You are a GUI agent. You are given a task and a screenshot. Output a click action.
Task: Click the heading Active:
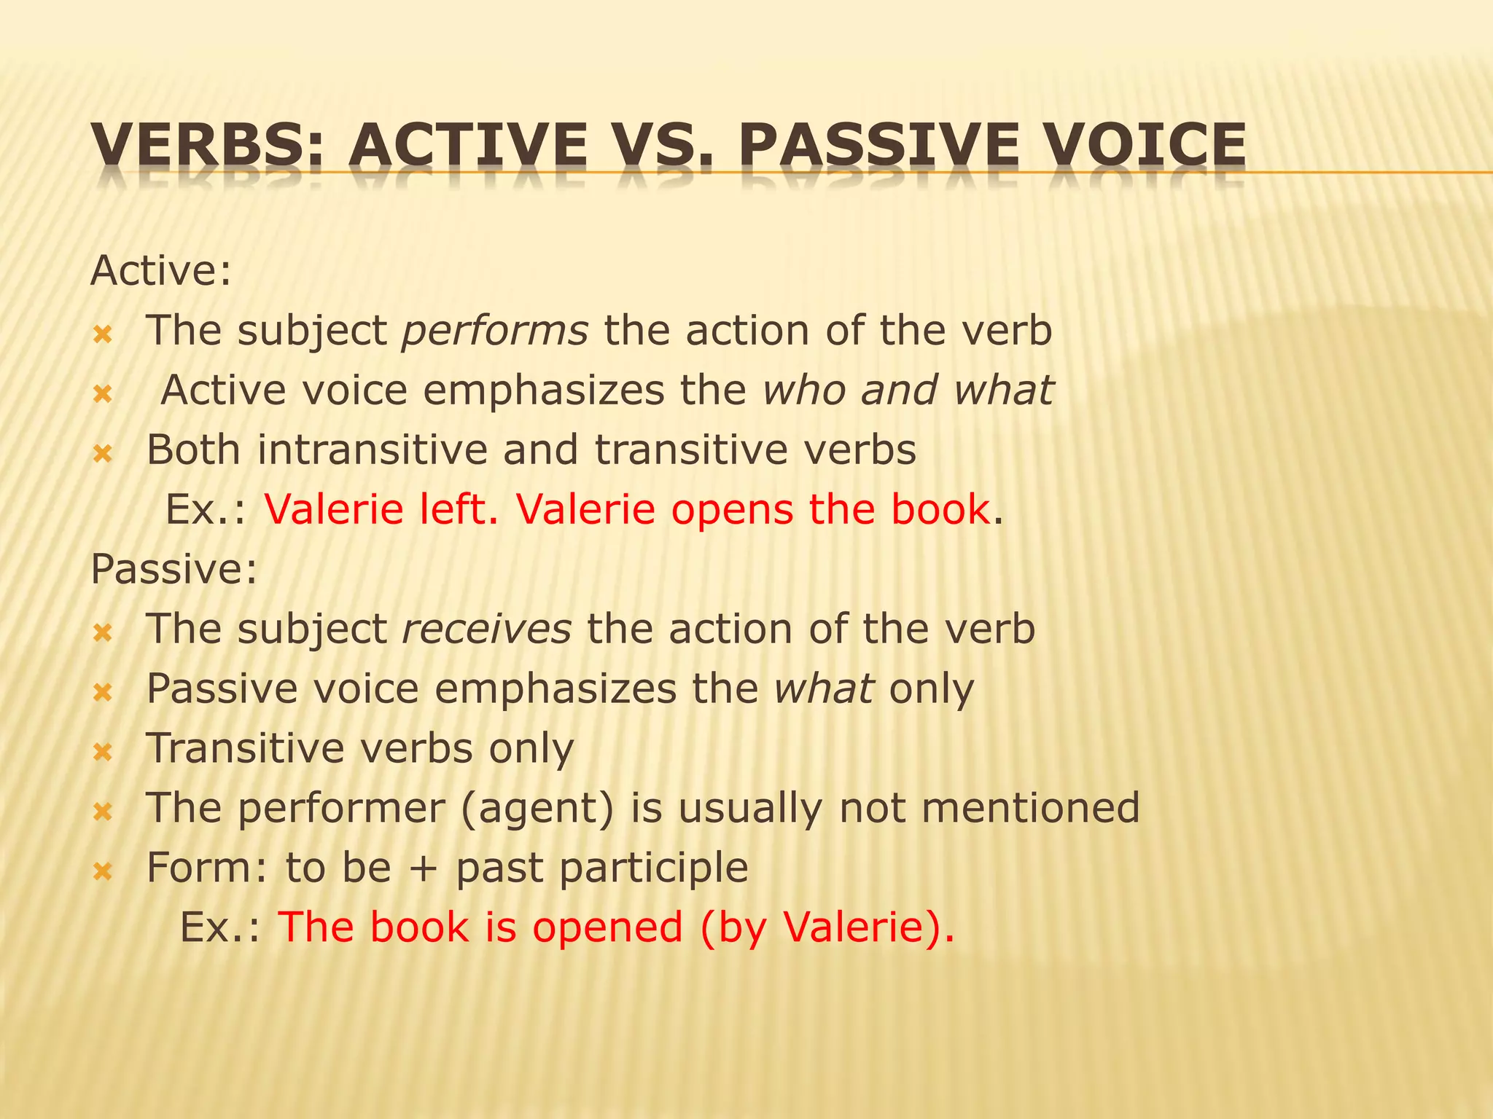[161, 271]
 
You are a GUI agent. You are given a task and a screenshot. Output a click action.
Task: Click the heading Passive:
[174, 569]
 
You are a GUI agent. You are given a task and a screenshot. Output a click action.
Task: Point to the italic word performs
[495, 331]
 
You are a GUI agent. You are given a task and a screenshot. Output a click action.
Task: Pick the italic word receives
[487, 629]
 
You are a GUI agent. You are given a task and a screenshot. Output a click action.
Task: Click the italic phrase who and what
[908, 390]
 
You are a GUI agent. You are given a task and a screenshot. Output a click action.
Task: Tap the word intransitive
[372, 450]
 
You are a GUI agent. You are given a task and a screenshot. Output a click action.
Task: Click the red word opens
[732, 509]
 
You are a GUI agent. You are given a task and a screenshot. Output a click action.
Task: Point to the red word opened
[607, 927]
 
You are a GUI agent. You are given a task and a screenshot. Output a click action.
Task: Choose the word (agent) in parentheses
[537, 809]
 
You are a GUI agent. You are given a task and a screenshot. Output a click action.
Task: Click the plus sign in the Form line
[424, 869]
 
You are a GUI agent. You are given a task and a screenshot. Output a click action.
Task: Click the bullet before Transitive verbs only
[103, 751]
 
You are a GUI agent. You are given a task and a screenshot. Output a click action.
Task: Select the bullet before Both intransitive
[103, 454]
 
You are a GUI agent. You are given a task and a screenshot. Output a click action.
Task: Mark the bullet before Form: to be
[103, 871]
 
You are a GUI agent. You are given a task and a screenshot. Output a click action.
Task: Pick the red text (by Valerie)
[827, 927]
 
